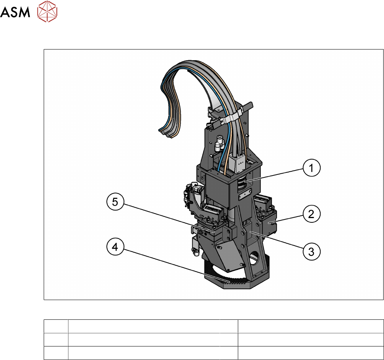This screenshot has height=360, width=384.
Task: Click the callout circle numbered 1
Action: click(x=312, y=168)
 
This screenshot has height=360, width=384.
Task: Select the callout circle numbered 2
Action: click(x=312, y=214)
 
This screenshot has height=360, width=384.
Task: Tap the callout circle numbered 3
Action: click(x=312, y=251)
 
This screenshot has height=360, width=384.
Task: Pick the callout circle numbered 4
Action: click(x=115, y=247)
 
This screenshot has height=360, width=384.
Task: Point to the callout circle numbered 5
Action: click(x=115, y=202)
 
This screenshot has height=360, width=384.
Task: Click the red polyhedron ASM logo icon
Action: click(x=47, y=11)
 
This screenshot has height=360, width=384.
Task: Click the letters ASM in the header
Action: click(x=15, y=12)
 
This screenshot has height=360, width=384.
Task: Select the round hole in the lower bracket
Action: click(x=254, y=258)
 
